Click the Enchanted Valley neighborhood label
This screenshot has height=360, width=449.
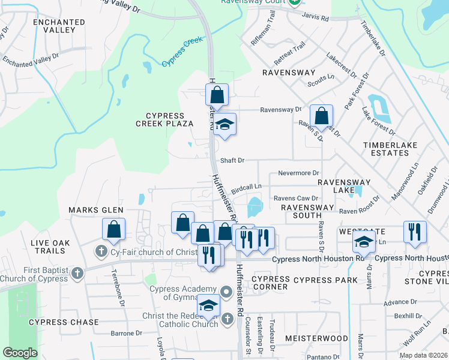59,26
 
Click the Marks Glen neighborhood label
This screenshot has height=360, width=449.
95,210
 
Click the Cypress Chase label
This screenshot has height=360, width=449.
64,322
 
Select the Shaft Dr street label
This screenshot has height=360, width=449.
232,160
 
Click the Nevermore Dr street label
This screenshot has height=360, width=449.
298,173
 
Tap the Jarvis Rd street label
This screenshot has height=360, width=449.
316,19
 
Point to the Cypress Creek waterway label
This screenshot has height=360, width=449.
182,53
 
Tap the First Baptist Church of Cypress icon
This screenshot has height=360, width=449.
76,274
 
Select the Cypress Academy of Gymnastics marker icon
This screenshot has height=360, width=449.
226,293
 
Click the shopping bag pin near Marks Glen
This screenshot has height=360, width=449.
113,229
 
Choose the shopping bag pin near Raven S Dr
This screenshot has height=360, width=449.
322,116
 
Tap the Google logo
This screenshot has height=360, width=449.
20,353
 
